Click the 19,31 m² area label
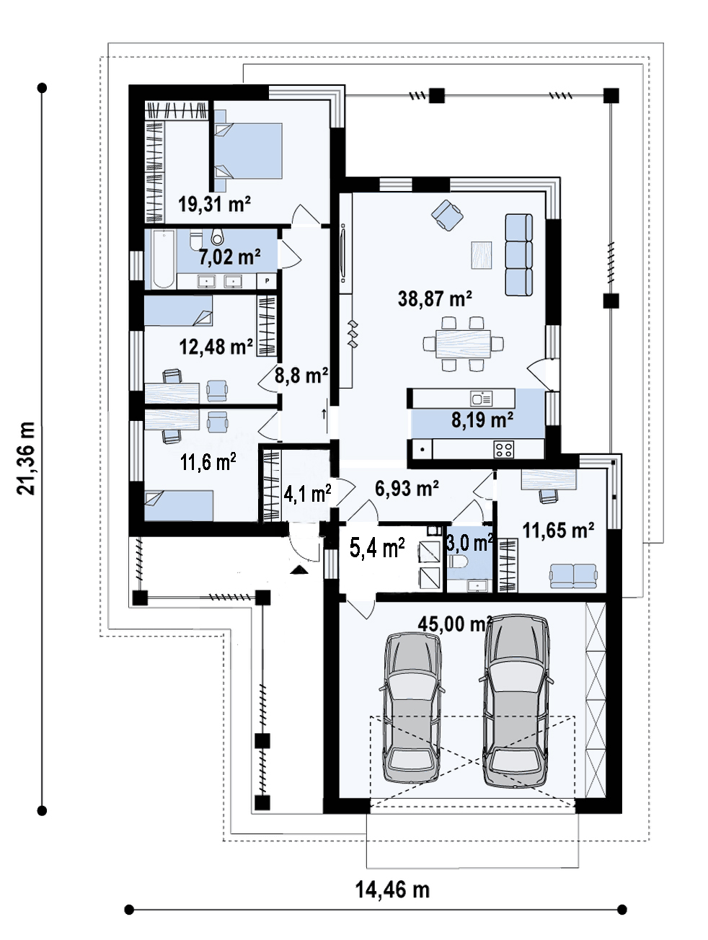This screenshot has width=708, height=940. coord(214,204)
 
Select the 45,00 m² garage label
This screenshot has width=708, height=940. coord(455,624)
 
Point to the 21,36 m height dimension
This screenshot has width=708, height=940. coord(27,459)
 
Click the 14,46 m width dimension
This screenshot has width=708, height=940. coord(392,890)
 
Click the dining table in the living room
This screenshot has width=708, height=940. coord(463,343)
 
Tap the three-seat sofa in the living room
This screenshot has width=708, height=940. coord(518,254)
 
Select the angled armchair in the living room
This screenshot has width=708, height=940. coord(447,215)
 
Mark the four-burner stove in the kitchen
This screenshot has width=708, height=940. coord(503,449)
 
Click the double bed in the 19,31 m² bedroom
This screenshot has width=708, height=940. coord(248,151)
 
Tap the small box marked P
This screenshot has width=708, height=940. coord(267,281)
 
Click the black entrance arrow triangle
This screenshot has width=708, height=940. coord(298,569)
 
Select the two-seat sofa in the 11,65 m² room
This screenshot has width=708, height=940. coord(573,576)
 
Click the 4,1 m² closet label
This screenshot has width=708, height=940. coord(307,494)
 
